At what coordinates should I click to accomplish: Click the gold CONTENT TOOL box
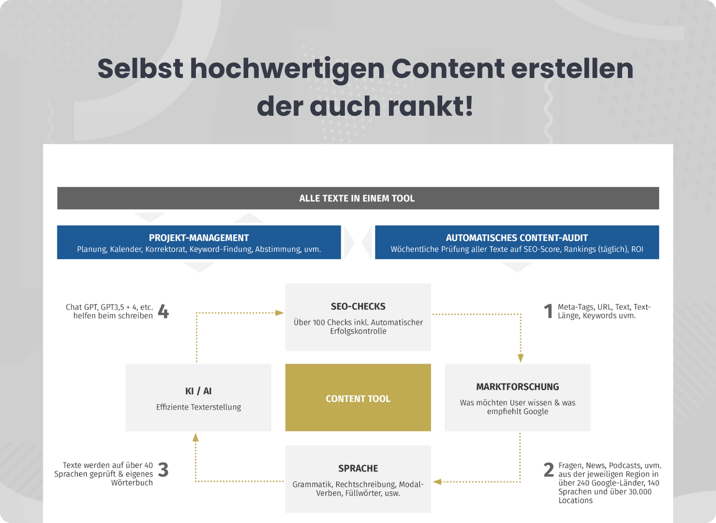[358, 397]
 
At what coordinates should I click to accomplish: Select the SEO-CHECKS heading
[358, 307]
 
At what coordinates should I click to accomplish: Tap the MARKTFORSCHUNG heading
[518, 387]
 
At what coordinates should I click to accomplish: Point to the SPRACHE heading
[358, 468]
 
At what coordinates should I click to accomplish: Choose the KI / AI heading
[198, 391]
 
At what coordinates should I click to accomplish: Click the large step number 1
[548, 311]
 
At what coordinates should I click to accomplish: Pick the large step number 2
[549, 470]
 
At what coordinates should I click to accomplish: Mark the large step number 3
[163, 470]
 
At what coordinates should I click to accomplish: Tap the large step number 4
[164, 311]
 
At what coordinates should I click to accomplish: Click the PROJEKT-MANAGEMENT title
[199, 238]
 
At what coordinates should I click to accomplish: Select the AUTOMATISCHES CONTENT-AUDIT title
[517, 238]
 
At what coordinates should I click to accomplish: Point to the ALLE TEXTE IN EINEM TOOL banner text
[357, 199]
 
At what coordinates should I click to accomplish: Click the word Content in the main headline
[448, 68]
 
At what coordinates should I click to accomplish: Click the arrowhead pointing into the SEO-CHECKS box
[279, 313]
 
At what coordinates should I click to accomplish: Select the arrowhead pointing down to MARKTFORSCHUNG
[521, 358]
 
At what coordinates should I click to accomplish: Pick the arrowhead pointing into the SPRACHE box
[437, 482]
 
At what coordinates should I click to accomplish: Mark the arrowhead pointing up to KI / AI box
[195, 437]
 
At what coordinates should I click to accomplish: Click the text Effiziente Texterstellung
[198, 407]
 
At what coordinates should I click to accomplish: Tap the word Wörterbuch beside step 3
[132, 483]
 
